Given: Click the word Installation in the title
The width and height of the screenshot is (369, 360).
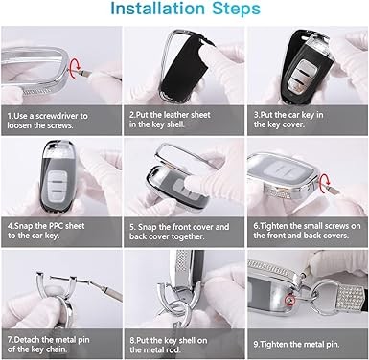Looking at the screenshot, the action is tap(157, 9).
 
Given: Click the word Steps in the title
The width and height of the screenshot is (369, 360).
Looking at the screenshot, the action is tap(237, 10).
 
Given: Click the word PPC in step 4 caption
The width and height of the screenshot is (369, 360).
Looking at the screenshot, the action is tap(58, 226).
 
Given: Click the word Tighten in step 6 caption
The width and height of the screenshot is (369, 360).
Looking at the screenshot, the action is tap(274, 226).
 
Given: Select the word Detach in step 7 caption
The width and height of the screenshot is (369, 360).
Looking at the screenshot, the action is tap(27, 339).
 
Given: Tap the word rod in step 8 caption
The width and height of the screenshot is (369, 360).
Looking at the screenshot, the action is tap(173, 349).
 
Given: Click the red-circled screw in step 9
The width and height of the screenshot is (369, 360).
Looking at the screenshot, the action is tap(289, 299).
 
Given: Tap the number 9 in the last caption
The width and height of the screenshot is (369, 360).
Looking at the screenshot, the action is tap(256, 345).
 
